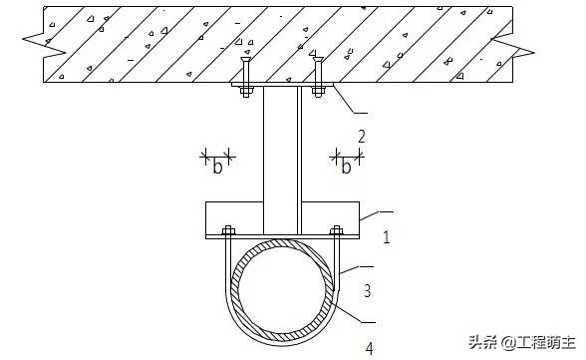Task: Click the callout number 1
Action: (x=387, y=237)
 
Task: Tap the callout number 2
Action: (x=362, y=137)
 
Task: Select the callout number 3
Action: (x=368, y=291)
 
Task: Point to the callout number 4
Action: (x=369, y=348)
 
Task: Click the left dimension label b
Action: (x=217, y=167)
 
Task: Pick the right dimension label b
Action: (x=346, y=167)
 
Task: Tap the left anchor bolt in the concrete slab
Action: (x=245, y=77)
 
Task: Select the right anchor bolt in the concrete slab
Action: (x=318, y=77)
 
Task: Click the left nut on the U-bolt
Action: (x=228, y=230)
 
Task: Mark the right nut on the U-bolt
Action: (x=337, y=230)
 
